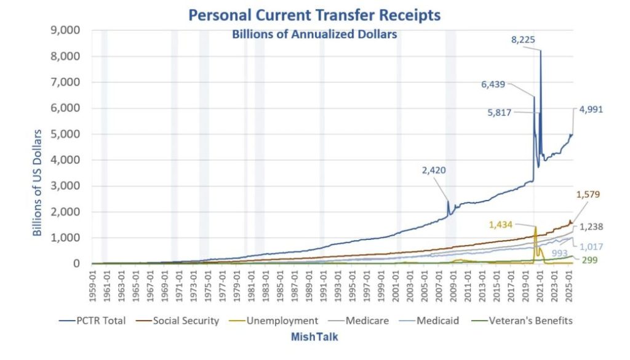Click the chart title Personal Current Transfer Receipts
[x=314, y=15]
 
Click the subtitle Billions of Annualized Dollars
[x=314, y=34]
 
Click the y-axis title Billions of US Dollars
[x=38, y=183]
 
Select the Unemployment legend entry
[x=282, y=321]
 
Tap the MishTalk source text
[x=314, y=337]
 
